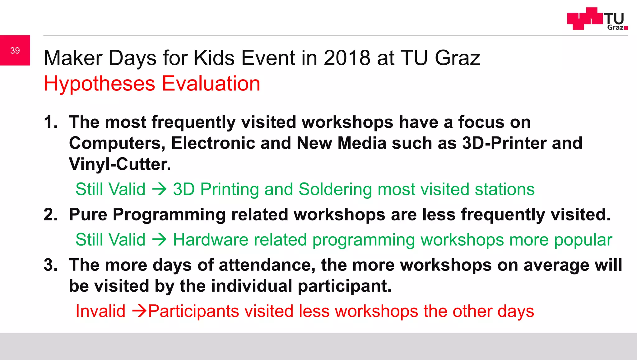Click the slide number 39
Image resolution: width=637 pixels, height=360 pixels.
[x=15, y=50]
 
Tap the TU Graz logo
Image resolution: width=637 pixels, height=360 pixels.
[x=597, y=19]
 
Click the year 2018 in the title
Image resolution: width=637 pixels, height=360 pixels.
[x=347, y=58]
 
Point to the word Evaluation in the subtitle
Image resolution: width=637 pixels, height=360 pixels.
[x=211, y=84]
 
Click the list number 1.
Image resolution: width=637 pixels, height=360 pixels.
[x=50, y=122]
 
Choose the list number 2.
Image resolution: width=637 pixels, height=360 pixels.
[x=50, y=215]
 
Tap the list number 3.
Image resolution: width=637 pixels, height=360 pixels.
[x=50, y=265]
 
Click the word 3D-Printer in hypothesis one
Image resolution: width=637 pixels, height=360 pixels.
[x=504, y=143]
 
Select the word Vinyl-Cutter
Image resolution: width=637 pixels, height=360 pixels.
[x=120, y=164]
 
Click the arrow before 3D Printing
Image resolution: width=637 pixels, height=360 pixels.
[x=159, y=189]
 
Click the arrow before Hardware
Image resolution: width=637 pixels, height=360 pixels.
[x=159, y=240]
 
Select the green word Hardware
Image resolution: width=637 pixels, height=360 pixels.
[x=210, y=240]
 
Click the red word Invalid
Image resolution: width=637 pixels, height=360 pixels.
[x=100, y=311]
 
